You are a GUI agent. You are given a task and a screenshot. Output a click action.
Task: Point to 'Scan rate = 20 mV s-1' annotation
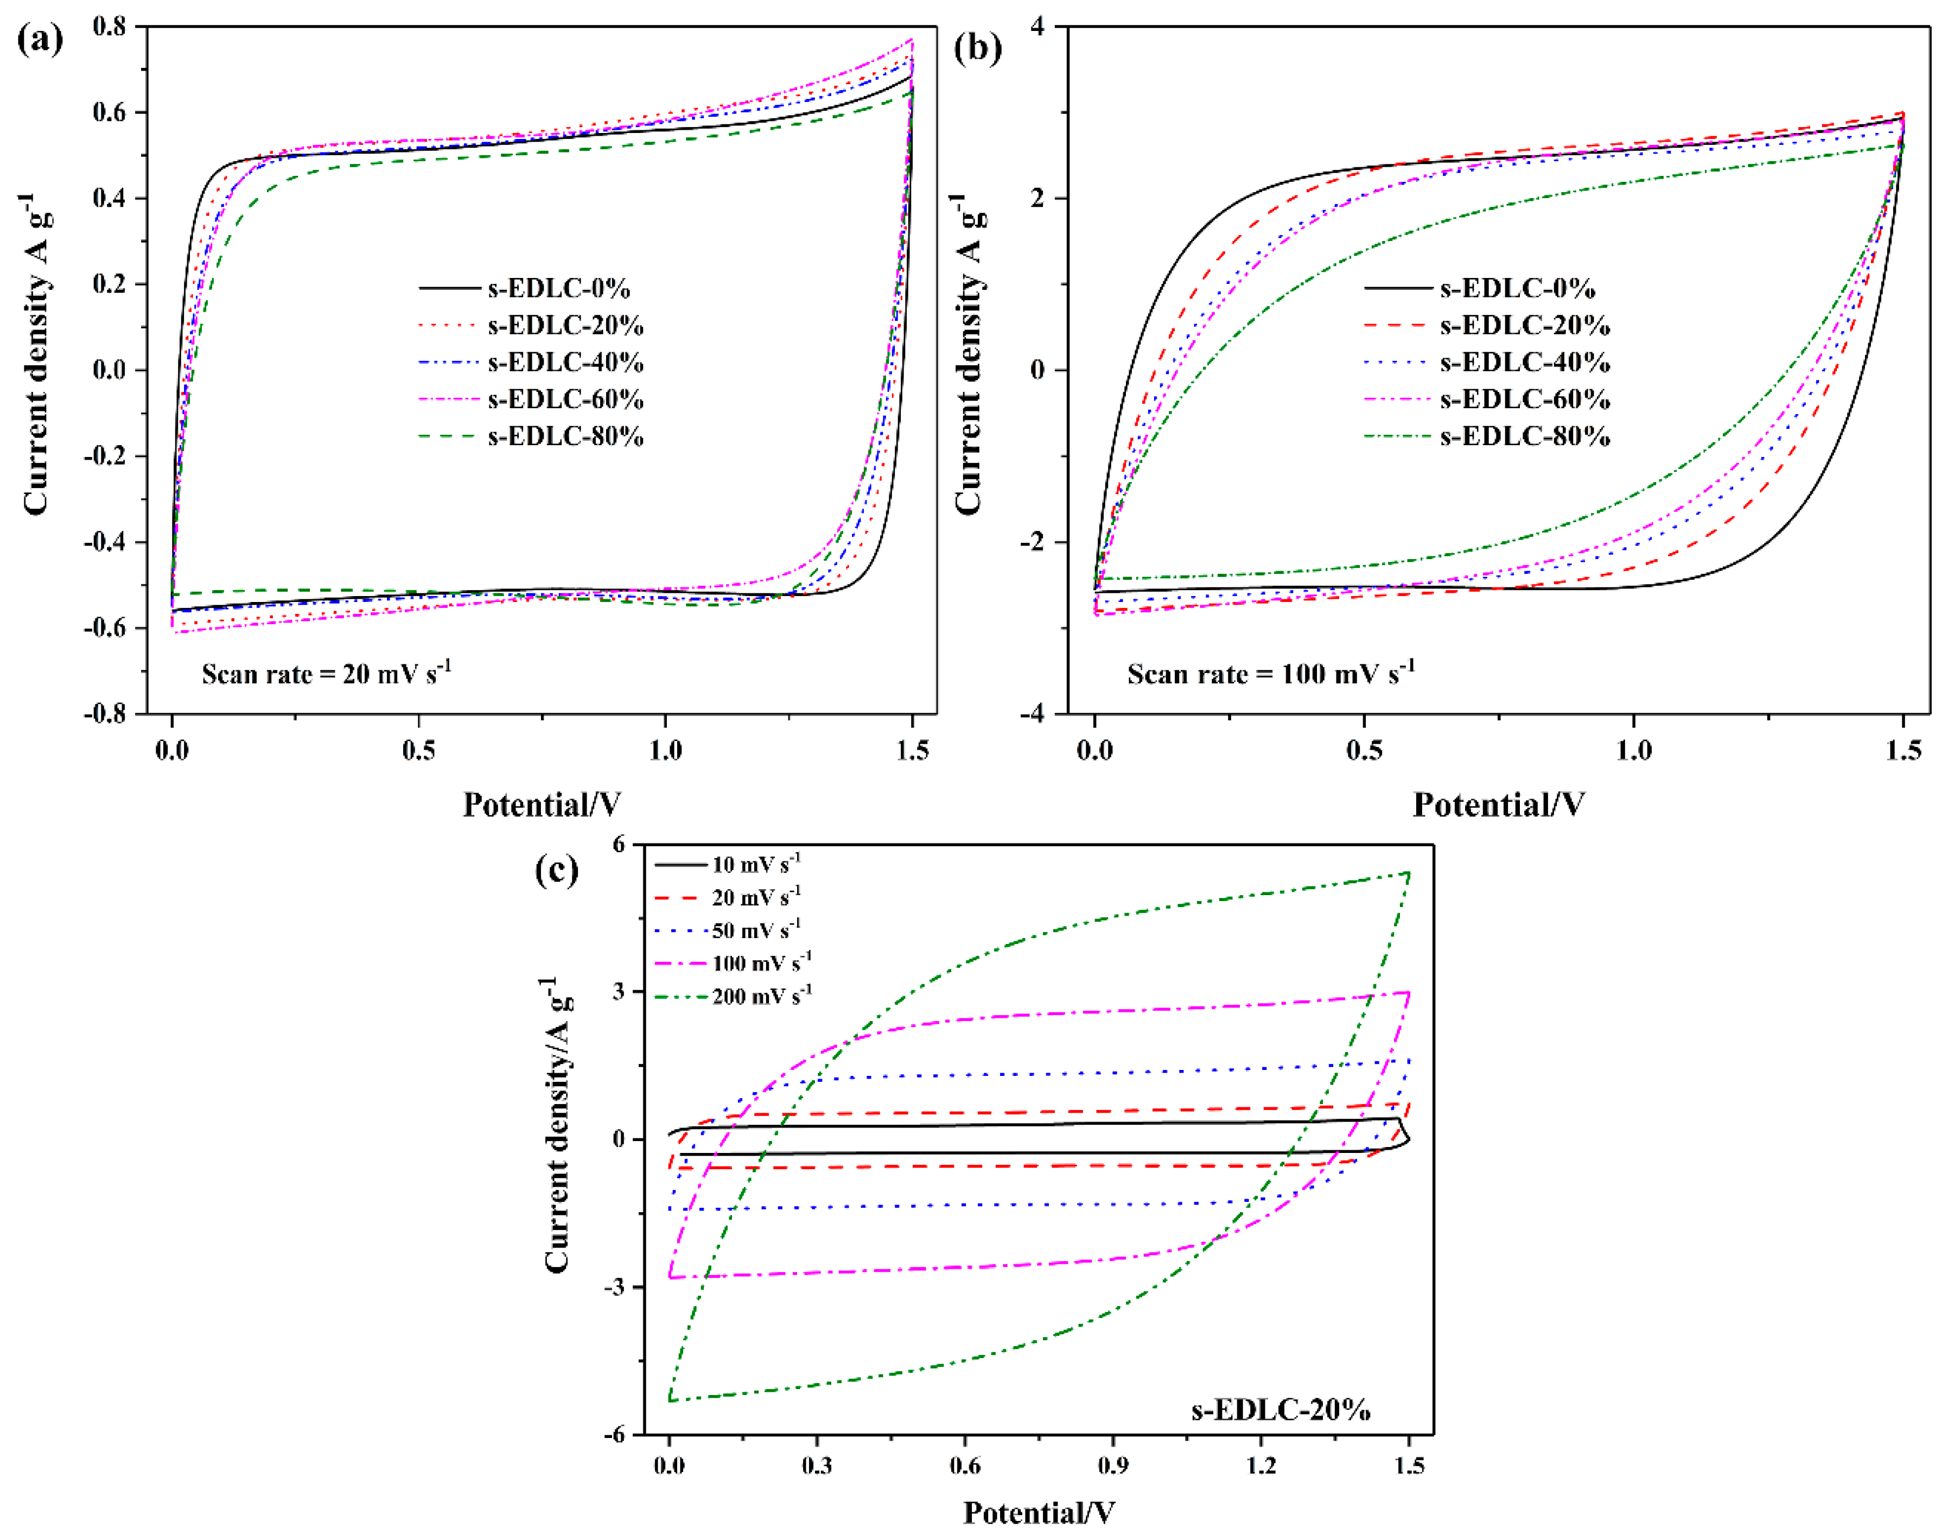[x=326, y=674]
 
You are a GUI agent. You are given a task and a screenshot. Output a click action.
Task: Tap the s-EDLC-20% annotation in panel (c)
[x=1281, y=1409]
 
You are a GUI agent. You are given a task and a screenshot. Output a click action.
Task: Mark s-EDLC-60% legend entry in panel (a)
[x=565, y=400]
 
